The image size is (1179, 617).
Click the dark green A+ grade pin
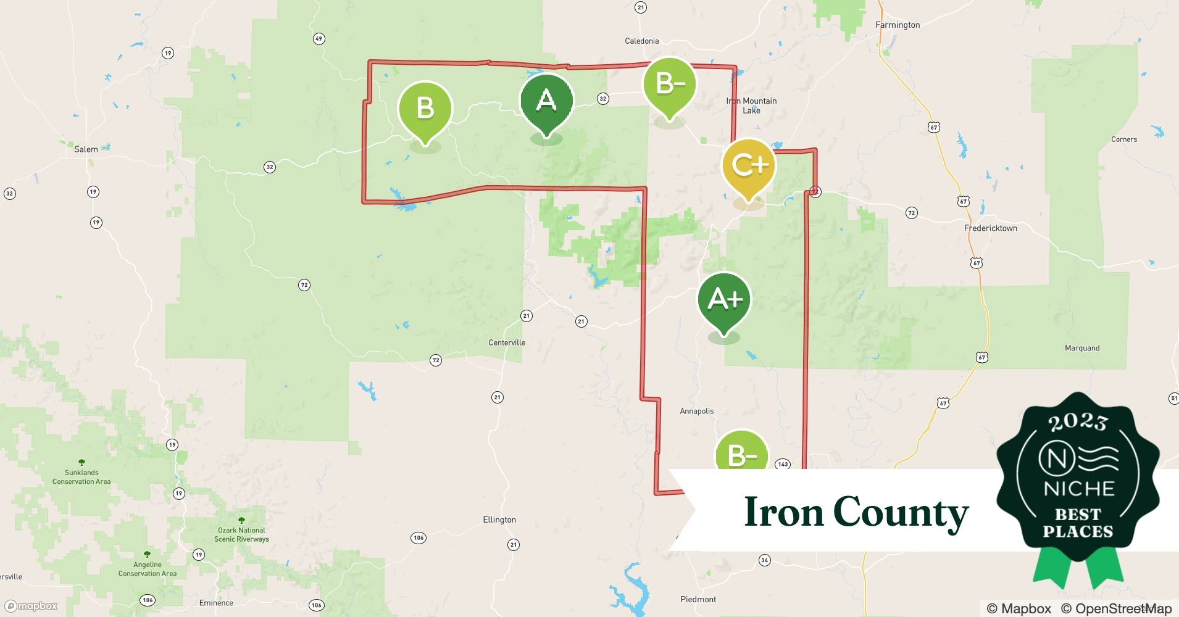pos(724,300)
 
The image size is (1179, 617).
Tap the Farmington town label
pos(898,25)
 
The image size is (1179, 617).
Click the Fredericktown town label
pos(990,228)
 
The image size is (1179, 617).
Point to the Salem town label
pos(86,149)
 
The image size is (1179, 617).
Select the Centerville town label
pos(507,342)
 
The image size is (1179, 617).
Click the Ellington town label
pos(499,520)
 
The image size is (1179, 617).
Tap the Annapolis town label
pos(696,411)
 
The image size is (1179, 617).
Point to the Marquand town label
pos(1081,348)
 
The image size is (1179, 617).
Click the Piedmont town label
pos(698,599)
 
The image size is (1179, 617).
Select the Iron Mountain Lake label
pos(751,106)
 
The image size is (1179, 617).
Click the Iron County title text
pos(856,511)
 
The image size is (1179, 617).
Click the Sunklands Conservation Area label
pos(81,477)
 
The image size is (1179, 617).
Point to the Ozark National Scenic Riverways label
pos(241,534)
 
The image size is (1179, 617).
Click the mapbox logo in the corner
pos(31,606)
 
